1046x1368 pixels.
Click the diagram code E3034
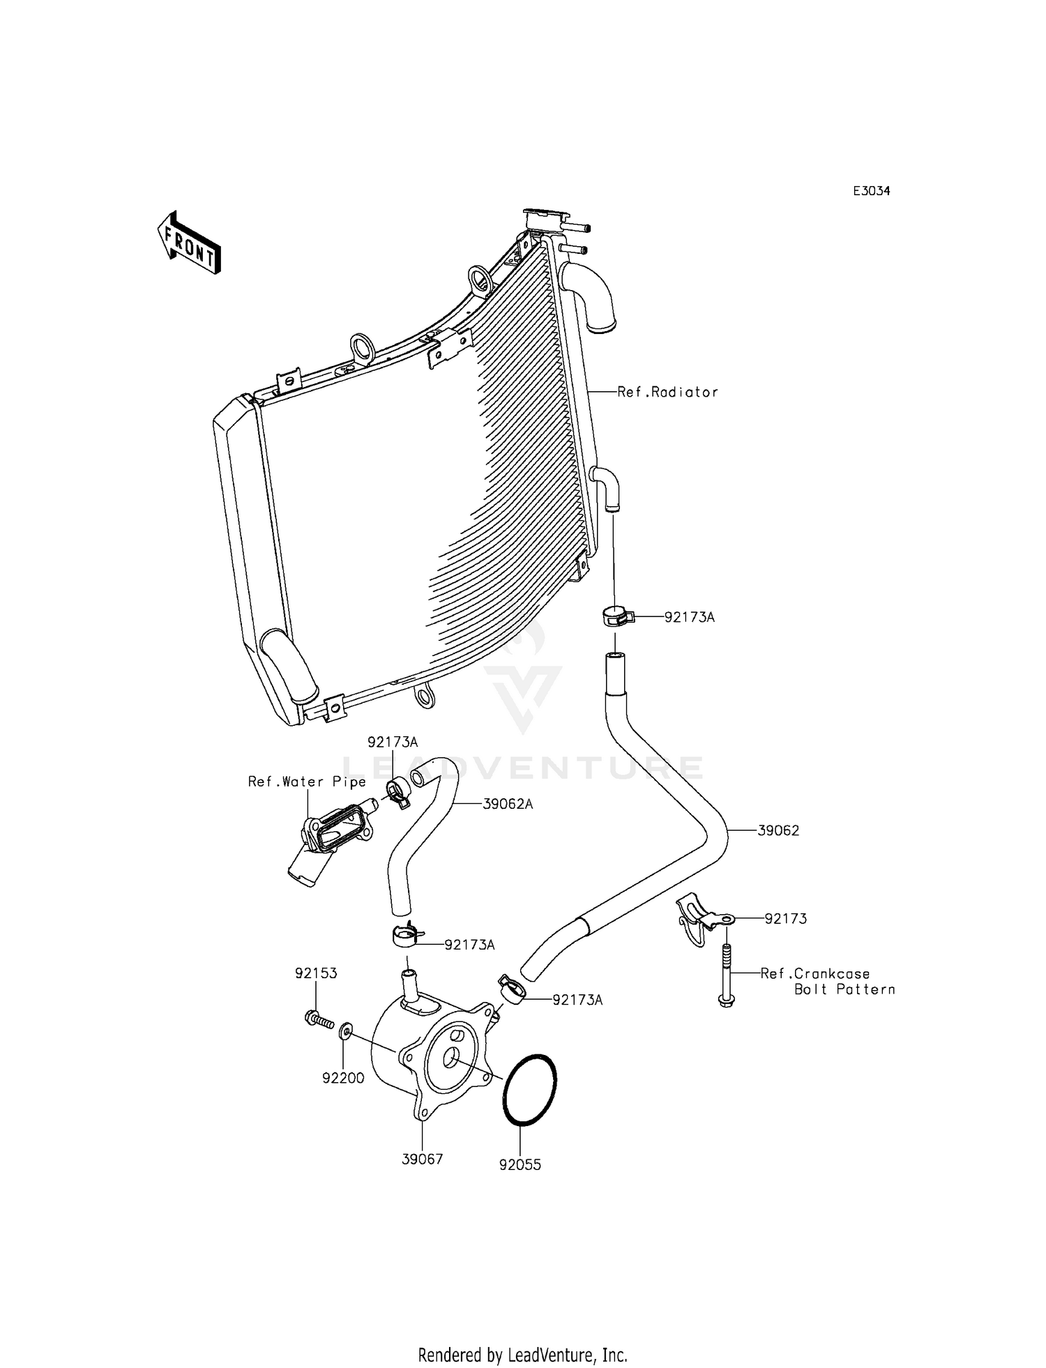pyautogui.click(x=872, y=191)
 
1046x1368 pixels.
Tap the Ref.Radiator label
pyautogui.click(x=667, y=393)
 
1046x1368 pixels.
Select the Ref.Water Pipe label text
pyautogui.click(x=307, y=782)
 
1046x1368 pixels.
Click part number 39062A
pyautogui.click(x=508, y=804)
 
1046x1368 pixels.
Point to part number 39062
pyautogui.click(x=778, y=830)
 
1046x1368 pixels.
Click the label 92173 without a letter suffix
pyautogui.click(x=785, y=919)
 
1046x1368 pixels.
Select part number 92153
pyautogui.click(x=316, y=973)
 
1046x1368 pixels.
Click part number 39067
pyautogui.click(x=423, y=1160)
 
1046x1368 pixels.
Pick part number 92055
pyautogui.click(x=520, y=1164)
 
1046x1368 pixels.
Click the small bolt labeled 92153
pyautogui.click(x=319, y=1020)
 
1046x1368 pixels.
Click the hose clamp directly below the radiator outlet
pyautogui.click(x=617, y=618)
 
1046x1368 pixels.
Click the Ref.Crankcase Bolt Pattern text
pyautogui.click(x=827, y=981)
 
